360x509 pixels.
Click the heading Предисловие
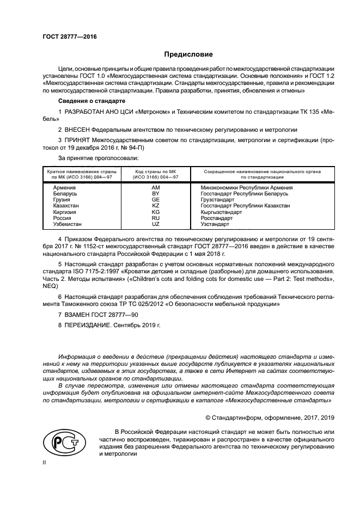(x=188, y=54)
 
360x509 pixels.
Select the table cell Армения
(x=58, y=187)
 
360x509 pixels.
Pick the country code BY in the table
(x=155, y=193)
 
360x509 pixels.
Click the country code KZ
(x=155, y=206)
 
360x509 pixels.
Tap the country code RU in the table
(x=155, y=218)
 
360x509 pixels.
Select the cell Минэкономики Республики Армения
(x=243, y=187)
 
